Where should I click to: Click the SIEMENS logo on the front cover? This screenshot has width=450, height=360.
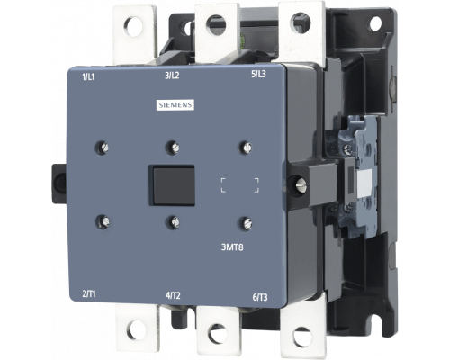tap(175, 107)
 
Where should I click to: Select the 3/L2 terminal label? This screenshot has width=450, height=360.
tap(174, 76)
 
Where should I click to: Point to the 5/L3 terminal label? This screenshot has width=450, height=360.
tap(256, 75)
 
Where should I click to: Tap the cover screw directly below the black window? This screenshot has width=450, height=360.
tap(171, 220)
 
